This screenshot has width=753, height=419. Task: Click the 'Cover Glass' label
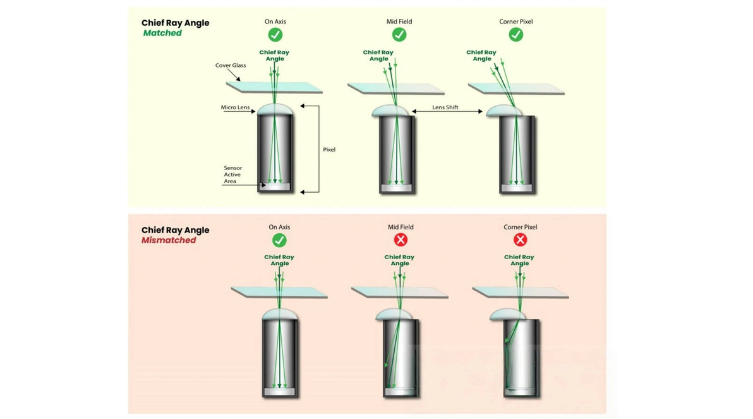click(231, 65)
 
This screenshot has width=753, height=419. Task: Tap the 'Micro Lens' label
click(235, 107)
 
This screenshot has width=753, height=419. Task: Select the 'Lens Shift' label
click(445, 107)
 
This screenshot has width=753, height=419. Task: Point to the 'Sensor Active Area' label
click(233, 174)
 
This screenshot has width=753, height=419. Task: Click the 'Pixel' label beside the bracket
click(329, 149)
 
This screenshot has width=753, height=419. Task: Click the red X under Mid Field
click(401, 240)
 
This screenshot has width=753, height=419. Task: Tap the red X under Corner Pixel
click(520, 240)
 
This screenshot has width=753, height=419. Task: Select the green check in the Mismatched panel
click(279, 240)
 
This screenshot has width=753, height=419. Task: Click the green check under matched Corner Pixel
click(515, 35)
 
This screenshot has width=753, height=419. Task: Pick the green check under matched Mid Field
click(399, 35)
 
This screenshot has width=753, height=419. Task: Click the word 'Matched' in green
click(162, 33)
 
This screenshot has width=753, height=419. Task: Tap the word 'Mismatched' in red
click(169, 240)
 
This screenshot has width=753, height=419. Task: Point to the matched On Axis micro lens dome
click(275, 109)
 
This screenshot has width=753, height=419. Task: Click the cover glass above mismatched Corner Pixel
click(521, 293)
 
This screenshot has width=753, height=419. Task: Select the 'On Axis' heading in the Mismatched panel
click(279, 227)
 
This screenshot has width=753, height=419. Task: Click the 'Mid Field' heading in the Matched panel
click(399, 21)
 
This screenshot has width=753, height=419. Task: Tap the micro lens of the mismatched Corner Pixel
click(507, 315)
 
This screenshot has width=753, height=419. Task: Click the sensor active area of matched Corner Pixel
click(516, 188)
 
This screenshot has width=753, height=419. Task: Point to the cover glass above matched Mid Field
click(395, 89)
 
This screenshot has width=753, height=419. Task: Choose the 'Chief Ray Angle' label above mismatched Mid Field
click(399, 260)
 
